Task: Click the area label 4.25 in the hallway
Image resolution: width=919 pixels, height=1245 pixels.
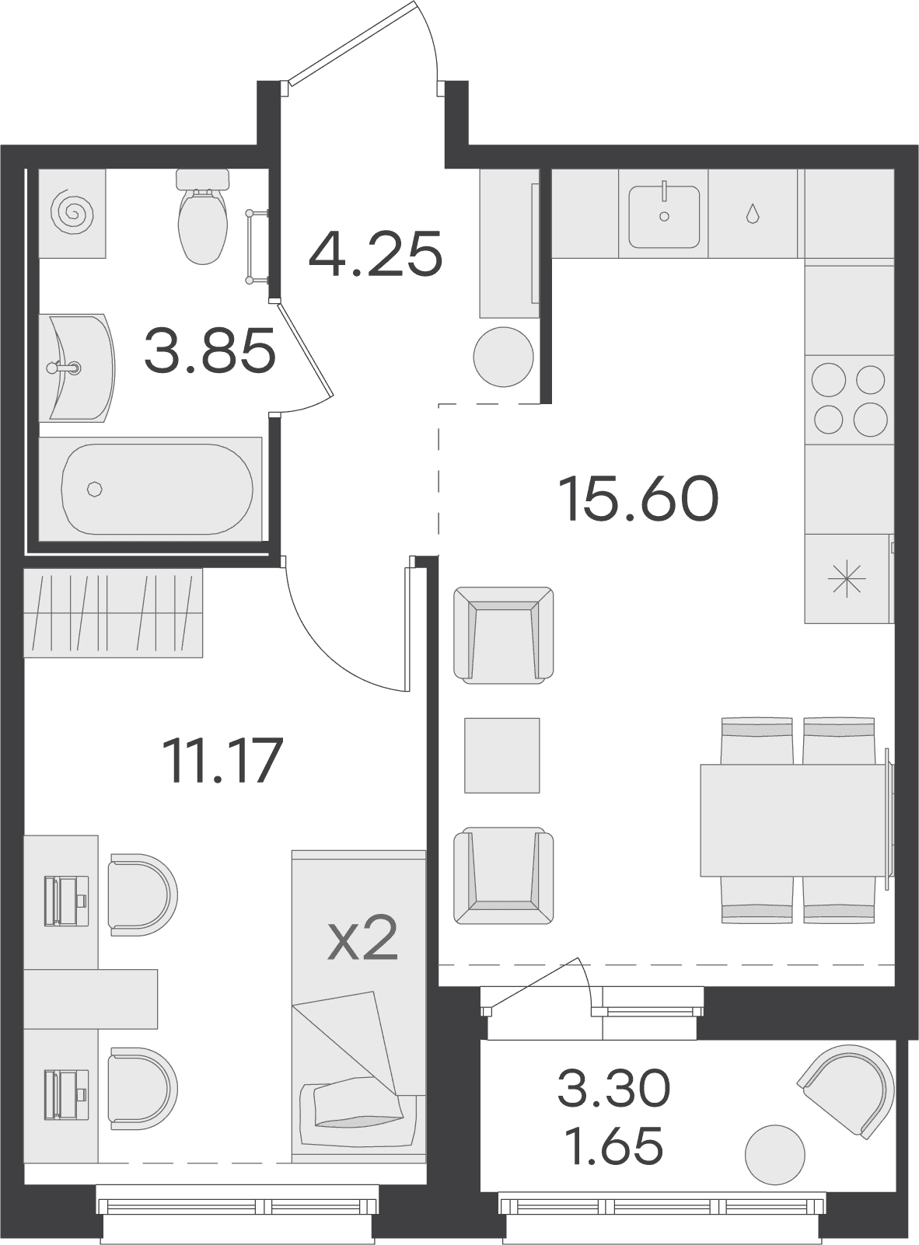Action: pos(376,254)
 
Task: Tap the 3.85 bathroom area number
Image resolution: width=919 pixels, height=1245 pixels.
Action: pos(210,351)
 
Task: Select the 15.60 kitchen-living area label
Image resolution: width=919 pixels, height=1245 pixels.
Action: pos(638,498)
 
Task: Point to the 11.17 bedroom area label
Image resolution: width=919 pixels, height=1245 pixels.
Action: pos(222,761)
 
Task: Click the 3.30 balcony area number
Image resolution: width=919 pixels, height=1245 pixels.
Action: pos(614,1088)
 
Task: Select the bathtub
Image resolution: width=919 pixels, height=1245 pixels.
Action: pos(151,489)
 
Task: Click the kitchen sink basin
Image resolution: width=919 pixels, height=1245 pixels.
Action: pos(664,217)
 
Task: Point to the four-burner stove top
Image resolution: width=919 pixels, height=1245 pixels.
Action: pos(849,399)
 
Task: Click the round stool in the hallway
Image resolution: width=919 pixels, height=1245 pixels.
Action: pos(503,357)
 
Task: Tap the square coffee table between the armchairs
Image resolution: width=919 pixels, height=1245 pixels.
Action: pos(501,755)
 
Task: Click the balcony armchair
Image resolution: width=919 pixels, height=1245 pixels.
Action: pos(846,1091)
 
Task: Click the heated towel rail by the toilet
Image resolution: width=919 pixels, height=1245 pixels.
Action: pos(259,246)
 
